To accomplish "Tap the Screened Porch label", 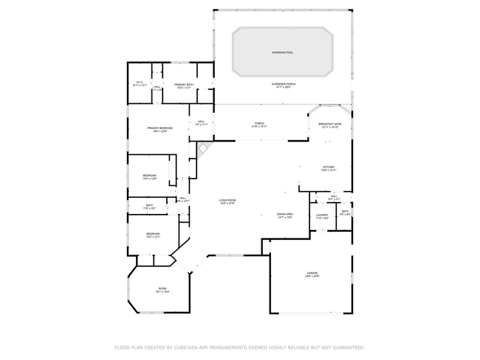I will pos(284,86).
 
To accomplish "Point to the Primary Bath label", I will pos(184,86).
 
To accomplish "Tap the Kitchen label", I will pos(329,168).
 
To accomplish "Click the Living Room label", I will pos(227,201).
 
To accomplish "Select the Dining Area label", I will pos(285,215).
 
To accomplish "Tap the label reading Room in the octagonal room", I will pos(162,290).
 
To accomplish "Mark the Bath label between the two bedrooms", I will pos(149,207).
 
